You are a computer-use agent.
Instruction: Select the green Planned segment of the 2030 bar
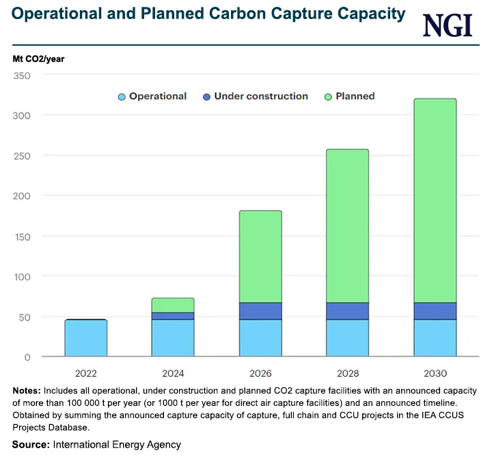[x=435, y=201]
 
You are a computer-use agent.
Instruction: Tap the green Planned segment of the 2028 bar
[x=348, y=225]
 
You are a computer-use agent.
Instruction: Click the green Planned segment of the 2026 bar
[x=260, y=256]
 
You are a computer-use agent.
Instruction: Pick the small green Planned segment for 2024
[x=173, y=305]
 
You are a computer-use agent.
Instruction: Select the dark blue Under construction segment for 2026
[x=260, y=311]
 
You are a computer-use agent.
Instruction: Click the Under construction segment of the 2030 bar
[x=435, y=311]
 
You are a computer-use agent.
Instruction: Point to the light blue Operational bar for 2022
[x=86, y=338]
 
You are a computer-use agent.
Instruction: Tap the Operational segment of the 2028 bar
[x=348, y=338]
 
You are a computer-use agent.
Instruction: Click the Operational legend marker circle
[x=122, y=97]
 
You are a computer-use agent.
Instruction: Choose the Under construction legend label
[x=261, y=96]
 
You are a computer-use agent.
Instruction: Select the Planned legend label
[x=355, y=96]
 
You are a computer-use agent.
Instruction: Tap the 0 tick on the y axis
[x=27, y=357]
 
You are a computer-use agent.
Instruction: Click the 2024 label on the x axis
[x=173, y=373]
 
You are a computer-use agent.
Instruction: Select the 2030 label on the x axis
[x=435, y=373]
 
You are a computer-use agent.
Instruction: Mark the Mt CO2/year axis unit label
[x=38, y=59]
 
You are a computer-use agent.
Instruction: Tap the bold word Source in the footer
[x=31, y=444]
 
